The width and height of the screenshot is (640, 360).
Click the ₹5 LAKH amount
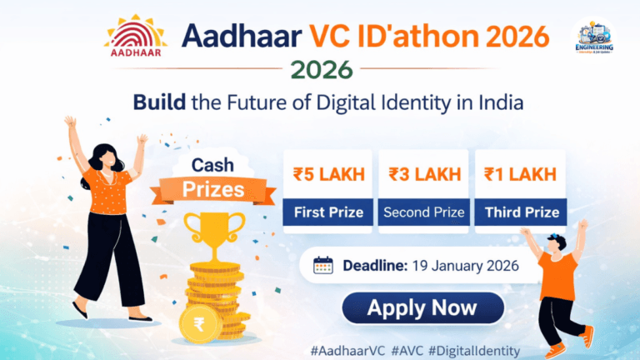(x=328, y=174)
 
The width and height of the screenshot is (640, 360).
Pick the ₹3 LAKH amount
(x=423, y=174)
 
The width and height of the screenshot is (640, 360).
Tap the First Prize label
(x=328, y=212)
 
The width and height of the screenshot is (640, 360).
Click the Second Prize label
(x=423, y=212)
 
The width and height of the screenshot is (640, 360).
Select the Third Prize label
(x=521, y=212)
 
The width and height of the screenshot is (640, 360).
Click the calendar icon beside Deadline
(x=322, y=266)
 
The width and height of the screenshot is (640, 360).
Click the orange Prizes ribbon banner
(x=214, y=189)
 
